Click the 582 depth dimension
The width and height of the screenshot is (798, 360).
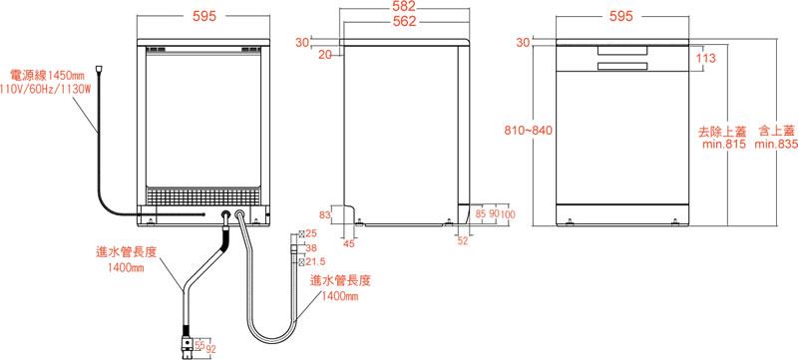[405, 6]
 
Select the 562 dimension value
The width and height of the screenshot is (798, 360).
[405, 21]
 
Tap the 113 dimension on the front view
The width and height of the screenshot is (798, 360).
[706, 58]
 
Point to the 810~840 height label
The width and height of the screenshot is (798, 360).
[529, 131]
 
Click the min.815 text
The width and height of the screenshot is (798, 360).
[724, 145]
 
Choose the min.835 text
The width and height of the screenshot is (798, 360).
[776, 145]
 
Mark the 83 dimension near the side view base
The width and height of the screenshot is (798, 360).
[325, 214]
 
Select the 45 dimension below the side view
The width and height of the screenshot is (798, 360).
[348, 243]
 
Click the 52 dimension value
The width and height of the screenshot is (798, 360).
[462, 241]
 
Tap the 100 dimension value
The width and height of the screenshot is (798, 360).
[508, 214]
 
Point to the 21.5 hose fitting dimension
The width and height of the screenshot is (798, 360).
[315, 261]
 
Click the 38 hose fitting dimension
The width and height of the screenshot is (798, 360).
[311, 248]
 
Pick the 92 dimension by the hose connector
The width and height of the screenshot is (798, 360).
[210, 349]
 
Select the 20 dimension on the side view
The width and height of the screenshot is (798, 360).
[325, 55]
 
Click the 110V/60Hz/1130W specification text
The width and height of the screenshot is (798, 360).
[45, 90]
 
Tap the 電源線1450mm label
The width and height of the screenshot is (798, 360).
[47, 76]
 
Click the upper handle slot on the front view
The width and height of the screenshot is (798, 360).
[622, 50]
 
